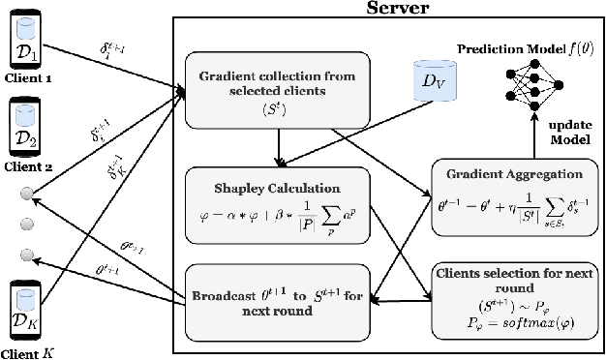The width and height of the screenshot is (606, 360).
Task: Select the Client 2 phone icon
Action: [25, 129]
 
